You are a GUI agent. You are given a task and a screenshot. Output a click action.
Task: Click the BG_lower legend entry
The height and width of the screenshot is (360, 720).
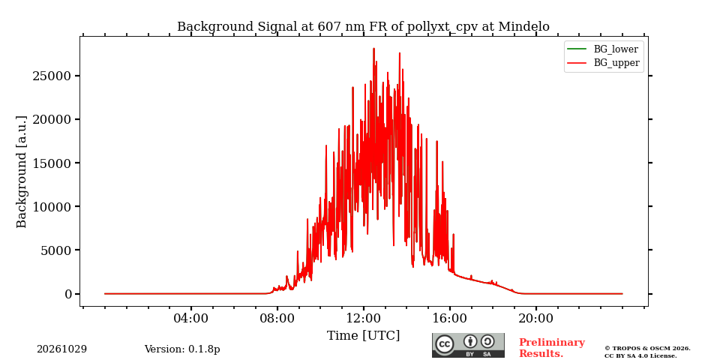point(602,49)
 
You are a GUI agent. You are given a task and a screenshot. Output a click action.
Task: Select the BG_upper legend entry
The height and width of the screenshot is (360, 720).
point(603,63)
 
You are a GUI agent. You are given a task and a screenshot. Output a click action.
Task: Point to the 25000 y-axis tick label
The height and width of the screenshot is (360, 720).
point(52,76)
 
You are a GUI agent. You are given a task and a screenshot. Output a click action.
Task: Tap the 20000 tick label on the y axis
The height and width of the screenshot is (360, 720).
point(52,119)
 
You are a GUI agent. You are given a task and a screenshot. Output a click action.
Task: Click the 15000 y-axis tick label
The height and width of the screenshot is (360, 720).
point(52,163)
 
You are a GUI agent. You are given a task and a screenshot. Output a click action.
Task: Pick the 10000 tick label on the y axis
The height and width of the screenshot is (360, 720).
point(52,207)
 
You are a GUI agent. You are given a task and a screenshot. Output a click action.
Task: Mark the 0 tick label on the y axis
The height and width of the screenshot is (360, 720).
point(69,294)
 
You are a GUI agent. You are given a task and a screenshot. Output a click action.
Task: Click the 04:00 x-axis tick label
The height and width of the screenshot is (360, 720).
point(191,318)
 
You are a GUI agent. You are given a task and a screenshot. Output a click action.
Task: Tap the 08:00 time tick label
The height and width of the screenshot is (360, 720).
point(277,318)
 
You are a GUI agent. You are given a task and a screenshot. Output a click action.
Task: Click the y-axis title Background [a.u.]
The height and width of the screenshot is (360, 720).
point(21,171)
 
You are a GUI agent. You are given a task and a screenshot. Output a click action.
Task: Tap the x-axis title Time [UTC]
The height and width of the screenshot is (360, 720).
point(363,336)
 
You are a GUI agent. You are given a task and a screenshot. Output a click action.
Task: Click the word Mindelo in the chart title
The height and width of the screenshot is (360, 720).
point(524,27)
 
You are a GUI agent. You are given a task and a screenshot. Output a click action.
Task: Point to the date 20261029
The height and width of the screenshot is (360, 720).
point(62,349)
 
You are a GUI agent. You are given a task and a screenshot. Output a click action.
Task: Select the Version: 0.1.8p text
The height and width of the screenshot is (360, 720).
point(182,349)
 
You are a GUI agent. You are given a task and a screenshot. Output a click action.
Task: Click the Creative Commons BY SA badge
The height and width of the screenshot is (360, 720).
point(468,345)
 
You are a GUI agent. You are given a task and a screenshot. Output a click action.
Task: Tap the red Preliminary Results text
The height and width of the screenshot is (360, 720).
point(552,348)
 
